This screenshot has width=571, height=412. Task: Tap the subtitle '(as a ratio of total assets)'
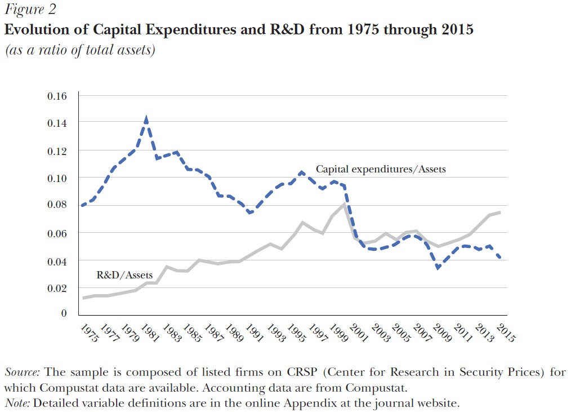[80, 50]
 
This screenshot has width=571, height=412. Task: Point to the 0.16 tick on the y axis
[57, 96]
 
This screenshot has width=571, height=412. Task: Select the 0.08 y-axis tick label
[57, 205]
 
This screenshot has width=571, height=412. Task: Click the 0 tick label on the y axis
[64, 313]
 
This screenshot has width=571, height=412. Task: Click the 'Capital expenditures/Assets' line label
[381, 169]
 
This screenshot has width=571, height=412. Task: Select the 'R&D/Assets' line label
[124, 274]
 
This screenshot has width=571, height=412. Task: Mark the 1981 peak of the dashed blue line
[146, 118]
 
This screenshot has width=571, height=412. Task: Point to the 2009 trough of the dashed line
[438, 268]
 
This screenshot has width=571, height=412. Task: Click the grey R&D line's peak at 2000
[344, 204]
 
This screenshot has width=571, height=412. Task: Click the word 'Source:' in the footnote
[22, 372]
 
